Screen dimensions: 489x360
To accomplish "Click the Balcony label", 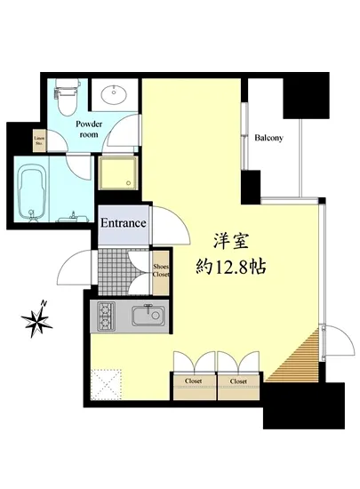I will coord(269,138).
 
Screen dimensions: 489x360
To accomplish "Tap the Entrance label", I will coord(123,223).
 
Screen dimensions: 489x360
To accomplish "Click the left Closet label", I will coord(194,381).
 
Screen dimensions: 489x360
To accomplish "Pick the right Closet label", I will coord(238,381).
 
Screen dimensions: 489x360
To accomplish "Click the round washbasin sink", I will coord(114,94).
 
